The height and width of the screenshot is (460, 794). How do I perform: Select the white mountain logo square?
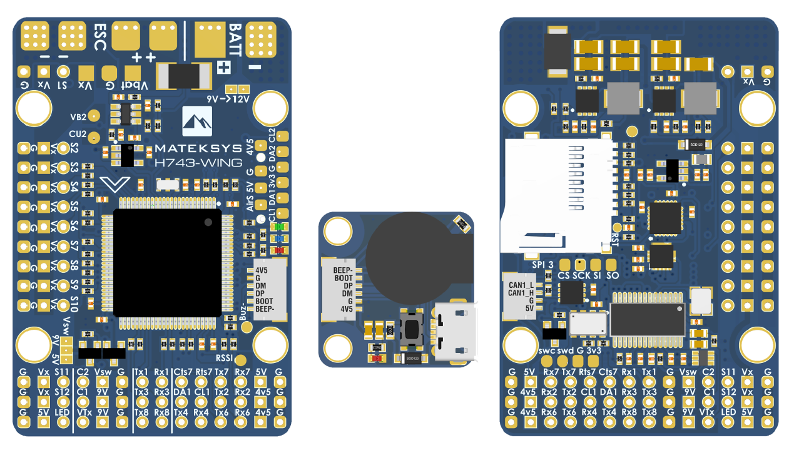point(197,121)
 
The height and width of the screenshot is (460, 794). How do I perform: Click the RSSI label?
point(225,359)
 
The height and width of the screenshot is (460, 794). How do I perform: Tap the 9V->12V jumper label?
point(228,99)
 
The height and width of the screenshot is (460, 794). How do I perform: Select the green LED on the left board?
point(280,227)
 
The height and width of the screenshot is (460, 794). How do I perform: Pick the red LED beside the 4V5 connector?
point(280,250)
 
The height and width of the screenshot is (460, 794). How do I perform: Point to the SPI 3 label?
point(542,265)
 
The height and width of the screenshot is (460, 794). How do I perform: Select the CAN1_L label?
point(521,285)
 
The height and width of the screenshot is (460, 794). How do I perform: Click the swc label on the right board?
point(547,350)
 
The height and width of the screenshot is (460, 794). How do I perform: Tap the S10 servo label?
point(74,305)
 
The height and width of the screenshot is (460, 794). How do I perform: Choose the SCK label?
point(581,275)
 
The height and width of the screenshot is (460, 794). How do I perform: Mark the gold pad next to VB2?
point(94,116)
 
